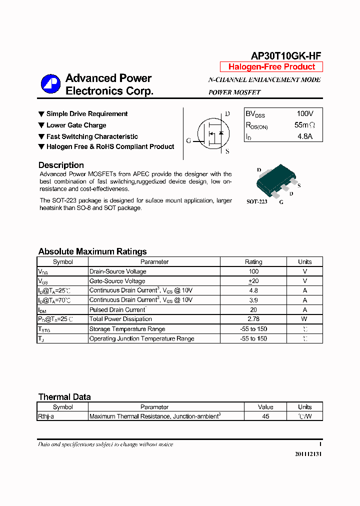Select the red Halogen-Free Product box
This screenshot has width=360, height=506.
click(x=271, y=67)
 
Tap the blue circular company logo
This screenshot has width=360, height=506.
click(x=50, y=84)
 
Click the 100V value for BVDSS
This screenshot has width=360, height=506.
click(x=305, y=114)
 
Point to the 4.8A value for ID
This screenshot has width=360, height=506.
click(x=305, y=136)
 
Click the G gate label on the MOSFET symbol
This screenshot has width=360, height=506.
click(x=188, y=140)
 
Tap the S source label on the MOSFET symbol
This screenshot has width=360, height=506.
click(x=227, y=151)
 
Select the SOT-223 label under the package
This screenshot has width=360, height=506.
click(x=257, y=202)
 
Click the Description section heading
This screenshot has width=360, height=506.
click(x=61, y=165)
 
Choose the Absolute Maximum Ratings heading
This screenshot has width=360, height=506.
click(x=92, y=251)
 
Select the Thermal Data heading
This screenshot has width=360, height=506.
click(x=64, y=397)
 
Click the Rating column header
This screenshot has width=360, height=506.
click(x=253, y=261)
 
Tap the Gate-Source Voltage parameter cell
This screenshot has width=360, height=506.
click(x=117, y=281)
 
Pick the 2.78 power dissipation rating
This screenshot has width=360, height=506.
click(x=253, y=319)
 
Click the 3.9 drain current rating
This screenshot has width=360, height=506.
click(x=253, y=300)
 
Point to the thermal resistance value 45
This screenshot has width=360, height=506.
click(x=265, y=416)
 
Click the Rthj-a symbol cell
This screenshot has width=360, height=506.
click(x=46, y=416)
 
